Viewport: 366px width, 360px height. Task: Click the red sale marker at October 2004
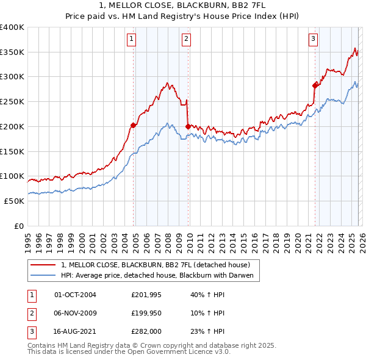(133, 125)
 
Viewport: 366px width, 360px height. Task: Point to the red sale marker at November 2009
(188, 126)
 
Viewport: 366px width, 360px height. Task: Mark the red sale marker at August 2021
(315, 85)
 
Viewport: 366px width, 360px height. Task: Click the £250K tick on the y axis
(12, 101)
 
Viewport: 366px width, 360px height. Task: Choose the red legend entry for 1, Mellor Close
(156, 265)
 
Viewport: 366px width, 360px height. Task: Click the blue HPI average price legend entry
(160, 276)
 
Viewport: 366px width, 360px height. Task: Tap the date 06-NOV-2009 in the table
(75, 313)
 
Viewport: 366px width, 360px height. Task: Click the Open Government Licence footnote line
(129, 353)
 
